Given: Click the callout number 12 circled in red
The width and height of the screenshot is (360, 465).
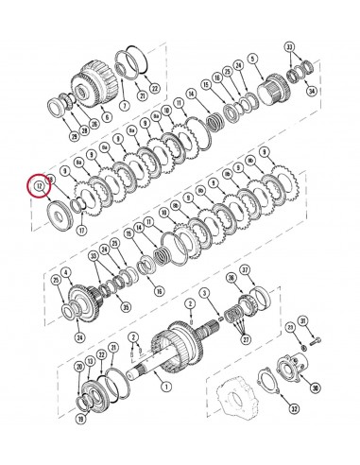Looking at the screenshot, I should click(x=39, y=187).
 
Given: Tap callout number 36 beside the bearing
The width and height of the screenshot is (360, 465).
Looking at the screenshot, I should click(x=230, y=277).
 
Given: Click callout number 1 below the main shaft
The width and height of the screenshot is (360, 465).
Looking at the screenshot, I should click(x=167, y=386).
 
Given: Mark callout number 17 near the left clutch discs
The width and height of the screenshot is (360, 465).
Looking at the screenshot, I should click(x=81, y=229).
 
